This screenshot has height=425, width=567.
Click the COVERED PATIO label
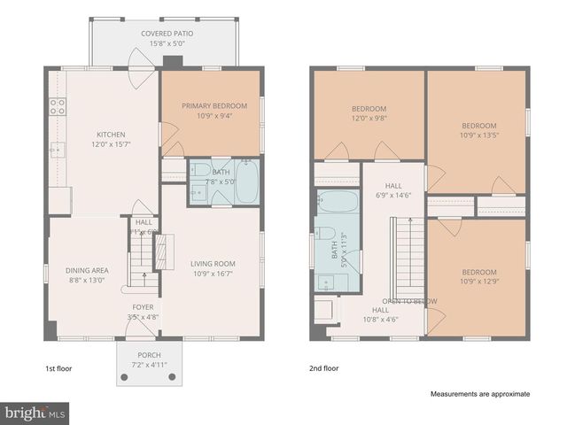167,34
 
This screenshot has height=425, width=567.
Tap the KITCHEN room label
111,135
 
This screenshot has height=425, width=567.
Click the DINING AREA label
87,271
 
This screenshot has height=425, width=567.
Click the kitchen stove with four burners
58,107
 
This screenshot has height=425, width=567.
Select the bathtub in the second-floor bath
338,203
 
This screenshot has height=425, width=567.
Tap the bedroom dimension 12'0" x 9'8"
369,119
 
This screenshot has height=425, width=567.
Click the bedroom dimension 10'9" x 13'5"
478,135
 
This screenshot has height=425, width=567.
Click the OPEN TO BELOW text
409,301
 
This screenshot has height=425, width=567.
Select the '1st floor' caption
58,367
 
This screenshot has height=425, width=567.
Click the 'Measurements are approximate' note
480,394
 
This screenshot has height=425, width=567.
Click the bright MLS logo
35,413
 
